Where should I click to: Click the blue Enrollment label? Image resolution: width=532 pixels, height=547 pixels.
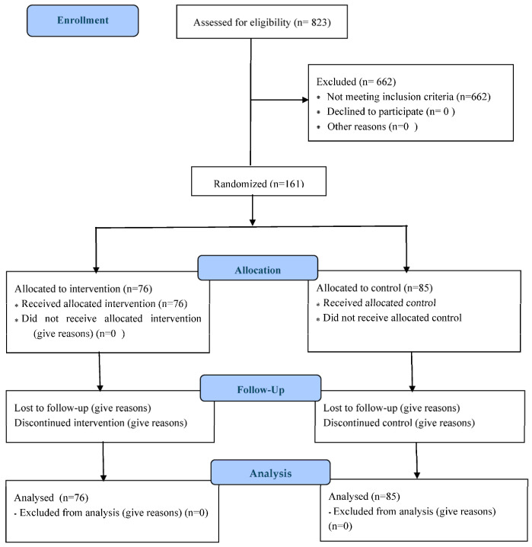point(82,21)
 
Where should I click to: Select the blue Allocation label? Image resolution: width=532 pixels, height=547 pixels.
point(258,268)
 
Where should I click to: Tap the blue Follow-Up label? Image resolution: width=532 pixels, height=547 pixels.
point(260,388)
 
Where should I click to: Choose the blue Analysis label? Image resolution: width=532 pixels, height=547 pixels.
point(270,472)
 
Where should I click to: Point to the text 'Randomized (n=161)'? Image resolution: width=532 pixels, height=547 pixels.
point(259,184)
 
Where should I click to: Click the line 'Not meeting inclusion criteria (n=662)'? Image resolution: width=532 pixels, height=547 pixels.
point(409,97)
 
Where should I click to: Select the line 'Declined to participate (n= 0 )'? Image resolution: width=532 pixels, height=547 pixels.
point(391,112)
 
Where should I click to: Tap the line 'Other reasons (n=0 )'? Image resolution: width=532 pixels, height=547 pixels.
point(372,126)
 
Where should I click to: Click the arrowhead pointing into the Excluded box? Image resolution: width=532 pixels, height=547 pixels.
point(305,100)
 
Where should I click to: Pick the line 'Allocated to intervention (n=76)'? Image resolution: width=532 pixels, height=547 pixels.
point(83,289)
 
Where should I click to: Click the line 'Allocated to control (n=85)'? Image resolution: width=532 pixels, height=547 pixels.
point(374,288)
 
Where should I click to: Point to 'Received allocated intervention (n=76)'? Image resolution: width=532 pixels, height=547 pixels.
point(104,304)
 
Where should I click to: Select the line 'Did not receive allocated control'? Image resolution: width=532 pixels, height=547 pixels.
point(392,318)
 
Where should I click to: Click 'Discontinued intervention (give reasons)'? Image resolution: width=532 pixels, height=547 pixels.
point(100,423)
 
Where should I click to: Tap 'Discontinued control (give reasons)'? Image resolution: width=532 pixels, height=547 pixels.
point(399,423)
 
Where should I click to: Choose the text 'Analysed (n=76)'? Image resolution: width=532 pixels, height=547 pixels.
point(51,497)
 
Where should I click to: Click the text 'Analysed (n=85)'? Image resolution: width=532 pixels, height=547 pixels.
point(364,497)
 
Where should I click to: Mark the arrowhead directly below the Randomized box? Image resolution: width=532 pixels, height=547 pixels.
point(253,222)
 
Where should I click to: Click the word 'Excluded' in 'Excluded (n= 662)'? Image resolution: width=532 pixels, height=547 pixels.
point(336,82)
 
